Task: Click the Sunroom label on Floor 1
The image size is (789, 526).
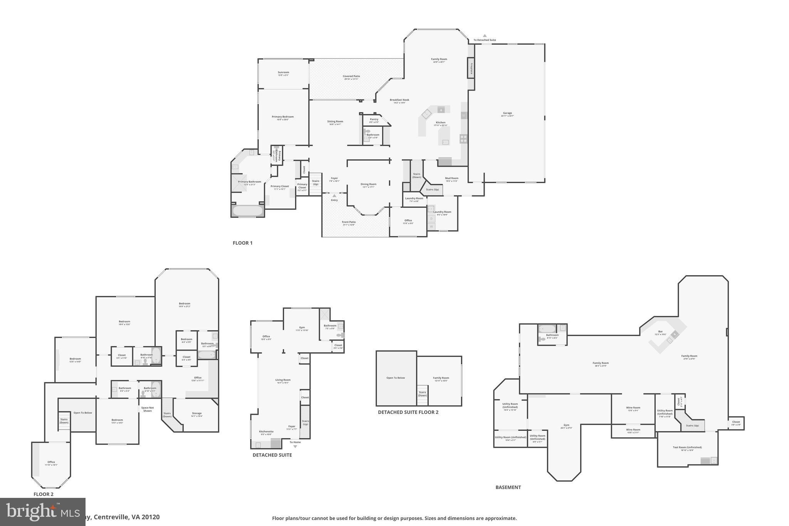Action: coord(283,72)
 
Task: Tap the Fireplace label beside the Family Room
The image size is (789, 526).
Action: coord(471,69)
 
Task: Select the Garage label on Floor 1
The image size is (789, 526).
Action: coord(507,113)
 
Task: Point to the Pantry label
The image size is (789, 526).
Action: coord(374,119)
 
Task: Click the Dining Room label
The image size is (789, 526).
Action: coord(368,184)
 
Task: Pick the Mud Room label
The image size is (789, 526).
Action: coord(452,178)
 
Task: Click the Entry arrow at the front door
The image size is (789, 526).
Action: coord(334,196)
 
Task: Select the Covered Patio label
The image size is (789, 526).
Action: coord(351,76)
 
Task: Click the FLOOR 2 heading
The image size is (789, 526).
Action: coord(44,494)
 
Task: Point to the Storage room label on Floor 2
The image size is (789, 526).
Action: coord(196,413)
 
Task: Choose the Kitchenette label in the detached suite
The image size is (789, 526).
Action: coord(266,432)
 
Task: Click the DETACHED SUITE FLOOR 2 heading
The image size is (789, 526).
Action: coord(408,412)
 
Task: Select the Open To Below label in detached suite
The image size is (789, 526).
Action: coord(396,378)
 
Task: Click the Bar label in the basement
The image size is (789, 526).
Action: coord(660,331)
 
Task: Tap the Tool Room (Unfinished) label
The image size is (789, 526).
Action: coord(687,447)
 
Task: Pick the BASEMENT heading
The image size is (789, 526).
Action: coord(508,487)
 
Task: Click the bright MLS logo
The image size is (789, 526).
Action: coord(42,512)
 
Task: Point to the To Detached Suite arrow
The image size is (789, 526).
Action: coord(485,36)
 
